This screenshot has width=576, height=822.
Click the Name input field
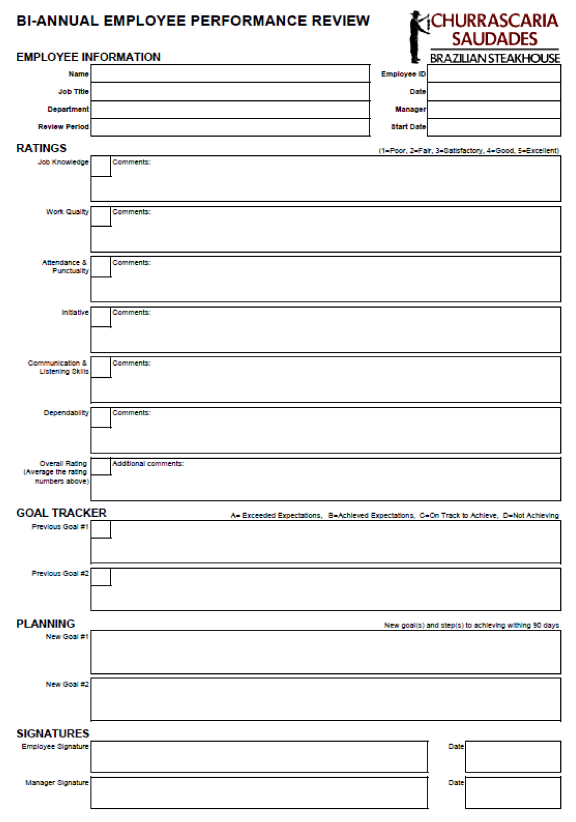pyautogui.click(x=230, y=74)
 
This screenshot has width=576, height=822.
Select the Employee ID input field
pyautogui.click(x=494, y=74)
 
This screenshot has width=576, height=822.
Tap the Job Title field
pyautogui.click(x=230, y=92)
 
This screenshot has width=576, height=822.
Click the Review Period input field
pyautogui.click(x=230, y=127)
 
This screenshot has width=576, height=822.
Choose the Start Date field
pyautogui.click(x=494, y=127)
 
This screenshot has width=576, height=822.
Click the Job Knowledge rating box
pyautogui.click(x=101, y=166)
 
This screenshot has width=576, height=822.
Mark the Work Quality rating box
pyautogui.click(x=101, y=216)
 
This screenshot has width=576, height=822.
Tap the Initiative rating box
pyautogui.click(x=101, y=317)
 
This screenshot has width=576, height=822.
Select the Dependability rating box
pyautogui.click(x=101, y=418)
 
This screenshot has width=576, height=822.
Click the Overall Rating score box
pyautogui.click(x=101, y=466)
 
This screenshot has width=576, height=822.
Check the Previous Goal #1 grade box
pyautogui.click(x=101, y=529)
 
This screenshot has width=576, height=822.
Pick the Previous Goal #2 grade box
pyautogui.click(x=101, y=577)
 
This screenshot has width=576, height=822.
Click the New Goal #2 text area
pyautogui.click(x=325, y=699)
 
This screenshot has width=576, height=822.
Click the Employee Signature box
pyautogui.click(x=259, y=757)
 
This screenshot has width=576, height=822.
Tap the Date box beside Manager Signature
pyautogui.click(x=513, y=793)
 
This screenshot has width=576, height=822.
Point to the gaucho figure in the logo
pyautogui.click(x=417, y=36)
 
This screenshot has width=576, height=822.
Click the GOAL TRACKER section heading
pyautogui.click(x=62, y=513)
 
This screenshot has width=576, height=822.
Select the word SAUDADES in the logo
pyautogui.click(x=494, y=39)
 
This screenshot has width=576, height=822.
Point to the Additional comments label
pyautogui.click(x=148, y=464)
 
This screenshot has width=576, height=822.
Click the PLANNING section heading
pyautogui.click(x=46, y=624)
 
